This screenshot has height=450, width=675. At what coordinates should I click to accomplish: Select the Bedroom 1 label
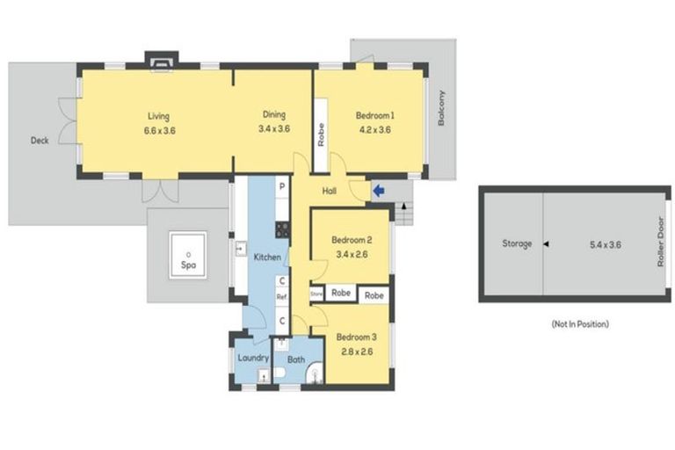pos(374,115)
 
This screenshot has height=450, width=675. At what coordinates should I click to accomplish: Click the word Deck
pos(40,141)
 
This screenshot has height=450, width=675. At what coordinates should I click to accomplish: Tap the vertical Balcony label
pos(441,109)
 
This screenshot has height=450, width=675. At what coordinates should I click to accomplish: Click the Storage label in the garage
pos(516,243)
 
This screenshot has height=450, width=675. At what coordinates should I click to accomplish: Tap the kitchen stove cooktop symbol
pos(282,229)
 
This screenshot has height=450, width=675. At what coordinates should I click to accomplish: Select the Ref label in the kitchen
pos(282,298)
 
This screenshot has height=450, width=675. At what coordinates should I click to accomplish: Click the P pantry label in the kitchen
pos(282,187)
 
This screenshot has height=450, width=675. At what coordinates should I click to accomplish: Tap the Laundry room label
pos(253,358)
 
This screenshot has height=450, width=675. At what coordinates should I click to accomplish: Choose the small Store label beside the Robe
pos(316,294)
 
